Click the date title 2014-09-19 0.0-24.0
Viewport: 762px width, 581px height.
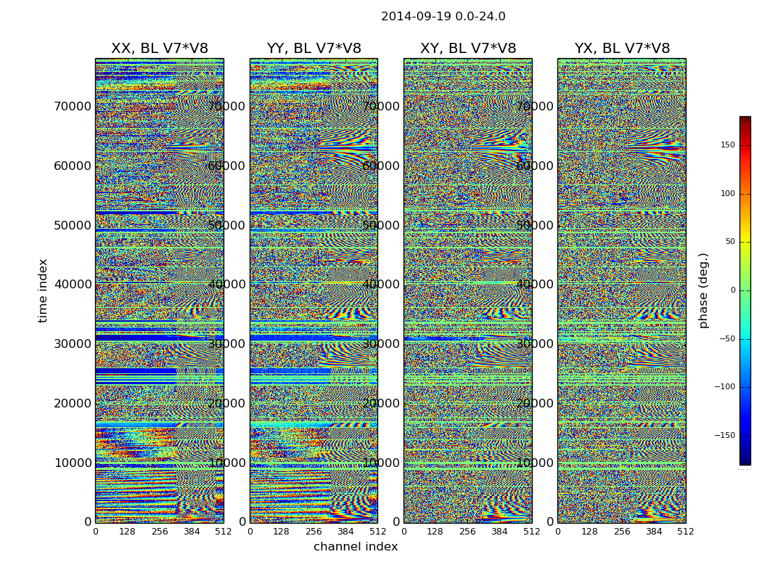443,17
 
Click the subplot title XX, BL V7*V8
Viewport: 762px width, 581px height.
159,49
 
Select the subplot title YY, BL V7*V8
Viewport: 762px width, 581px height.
314,49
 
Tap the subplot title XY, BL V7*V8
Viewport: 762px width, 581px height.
468,49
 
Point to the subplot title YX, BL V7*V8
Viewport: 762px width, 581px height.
622,49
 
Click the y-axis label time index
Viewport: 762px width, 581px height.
43,290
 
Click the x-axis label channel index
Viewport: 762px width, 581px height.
356,547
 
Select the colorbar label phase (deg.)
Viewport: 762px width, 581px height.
703,290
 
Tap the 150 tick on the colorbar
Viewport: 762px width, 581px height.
727,145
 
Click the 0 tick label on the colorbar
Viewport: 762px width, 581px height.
733,290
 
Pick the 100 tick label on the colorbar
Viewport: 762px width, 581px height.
727,194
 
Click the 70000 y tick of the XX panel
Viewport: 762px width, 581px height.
73,106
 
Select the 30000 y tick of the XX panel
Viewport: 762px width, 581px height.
73,344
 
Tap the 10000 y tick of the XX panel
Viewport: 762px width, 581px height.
73,463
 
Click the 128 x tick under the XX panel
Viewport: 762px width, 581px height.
127,532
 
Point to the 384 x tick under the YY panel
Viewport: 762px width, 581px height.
345,532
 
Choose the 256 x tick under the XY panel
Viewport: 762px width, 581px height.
467,532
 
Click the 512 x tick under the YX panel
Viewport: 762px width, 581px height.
686,532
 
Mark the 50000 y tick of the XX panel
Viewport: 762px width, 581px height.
73,225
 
